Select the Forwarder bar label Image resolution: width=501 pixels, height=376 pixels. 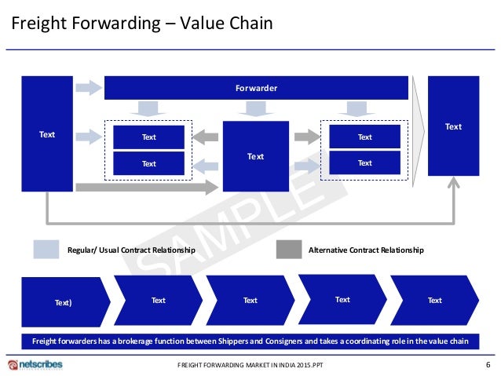tap(256, 88)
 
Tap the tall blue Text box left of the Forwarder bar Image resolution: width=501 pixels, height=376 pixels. tap(47, 134)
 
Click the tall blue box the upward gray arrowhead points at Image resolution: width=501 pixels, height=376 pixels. tap(453, 126)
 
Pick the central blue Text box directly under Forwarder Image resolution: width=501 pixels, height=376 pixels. tap(255, 156)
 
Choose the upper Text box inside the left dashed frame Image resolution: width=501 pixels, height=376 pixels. tap(148, 137)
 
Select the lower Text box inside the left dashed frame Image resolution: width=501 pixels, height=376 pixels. tap(148, 163)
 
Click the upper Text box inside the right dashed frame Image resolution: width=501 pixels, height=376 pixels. tap(364, 137)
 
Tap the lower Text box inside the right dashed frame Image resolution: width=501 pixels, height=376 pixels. tap(364, 163)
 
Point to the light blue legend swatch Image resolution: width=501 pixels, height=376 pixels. tap(46, 250)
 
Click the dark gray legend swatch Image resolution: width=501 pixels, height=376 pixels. tap(289, 250)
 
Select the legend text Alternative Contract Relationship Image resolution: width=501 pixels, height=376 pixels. tap(366, 250)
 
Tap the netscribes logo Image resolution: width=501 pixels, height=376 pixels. tap(35, 365)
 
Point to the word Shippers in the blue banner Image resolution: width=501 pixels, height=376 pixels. tap(244, 341)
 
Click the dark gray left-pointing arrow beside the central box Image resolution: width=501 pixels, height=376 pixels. tap(205, 137)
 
